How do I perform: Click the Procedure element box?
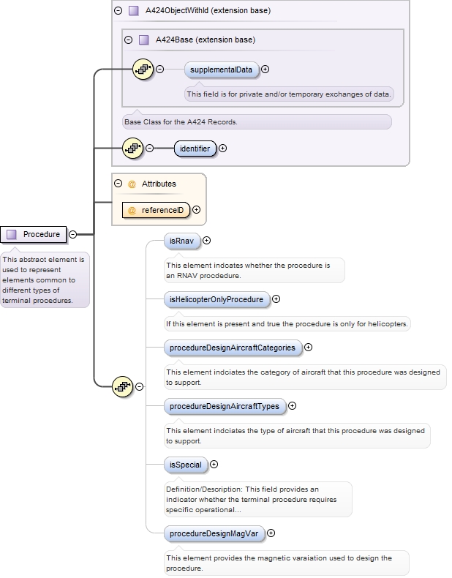point(34,234)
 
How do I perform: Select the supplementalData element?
point(221,70)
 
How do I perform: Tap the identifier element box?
point(195,149)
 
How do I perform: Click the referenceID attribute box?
point(156,210)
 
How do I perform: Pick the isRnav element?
point(181,240)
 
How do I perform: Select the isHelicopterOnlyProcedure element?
point(216,299)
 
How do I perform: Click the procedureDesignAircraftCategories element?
point(232,348)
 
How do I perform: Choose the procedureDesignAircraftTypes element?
point(223,406)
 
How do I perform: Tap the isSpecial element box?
point(184,465)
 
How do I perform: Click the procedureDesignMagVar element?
point(214,534)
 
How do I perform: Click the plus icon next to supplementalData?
point(265,70)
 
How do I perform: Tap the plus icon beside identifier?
point(223,149)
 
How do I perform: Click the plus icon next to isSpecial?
point(214,465)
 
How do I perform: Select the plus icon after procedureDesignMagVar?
point(272,534)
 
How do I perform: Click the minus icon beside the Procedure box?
point(73,235)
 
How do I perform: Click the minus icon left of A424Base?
point(129,40)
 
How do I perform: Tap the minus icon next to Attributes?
point(118,184)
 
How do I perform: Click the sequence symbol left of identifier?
point(132,149)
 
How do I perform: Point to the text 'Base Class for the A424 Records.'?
point(181,122)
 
